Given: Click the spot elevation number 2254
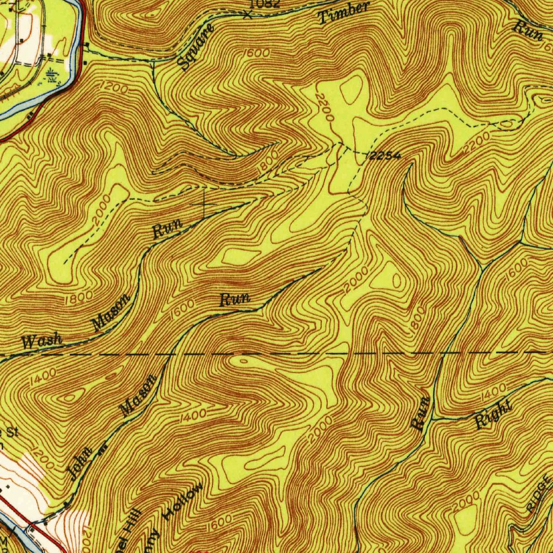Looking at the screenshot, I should coord(385,156).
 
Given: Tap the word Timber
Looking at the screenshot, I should coord(344,12).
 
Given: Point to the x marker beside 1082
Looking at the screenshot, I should coord(247,15).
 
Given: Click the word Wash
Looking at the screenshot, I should coord(42,341).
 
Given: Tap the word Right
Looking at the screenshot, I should coord(494,415).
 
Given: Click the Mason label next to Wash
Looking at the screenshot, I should coord(111,313).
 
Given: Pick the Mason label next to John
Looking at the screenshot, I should coord(139,395).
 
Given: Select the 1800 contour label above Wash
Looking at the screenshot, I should coord(78,298).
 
